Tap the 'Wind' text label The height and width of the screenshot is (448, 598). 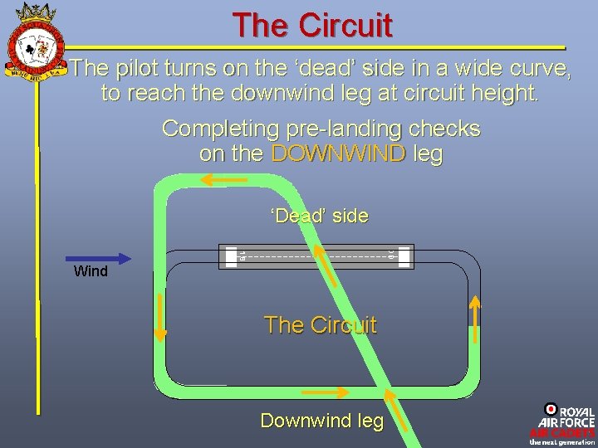(91, 271)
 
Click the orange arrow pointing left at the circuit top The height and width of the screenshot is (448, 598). (219, 178)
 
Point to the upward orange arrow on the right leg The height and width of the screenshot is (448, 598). (476, 319)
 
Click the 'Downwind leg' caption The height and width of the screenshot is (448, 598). (322, 421)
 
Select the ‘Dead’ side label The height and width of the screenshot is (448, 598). (319, 217)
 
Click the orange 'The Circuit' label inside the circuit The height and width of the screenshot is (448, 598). (320, 325)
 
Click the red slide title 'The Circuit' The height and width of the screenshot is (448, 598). (311, 25)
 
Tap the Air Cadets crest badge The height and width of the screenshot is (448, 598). (35, 41)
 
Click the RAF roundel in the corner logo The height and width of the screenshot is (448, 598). (550, 409)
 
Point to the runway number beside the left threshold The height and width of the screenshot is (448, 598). (242, 256)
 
